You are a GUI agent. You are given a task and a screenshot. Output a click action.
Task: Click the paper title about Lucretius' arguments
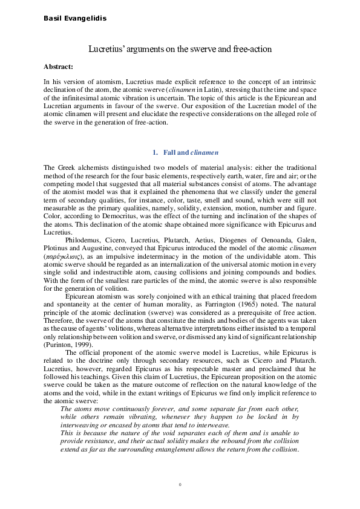[180, 48]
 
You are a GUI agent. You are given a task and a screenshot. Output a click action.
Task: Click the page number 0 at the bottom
[180, 485]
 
